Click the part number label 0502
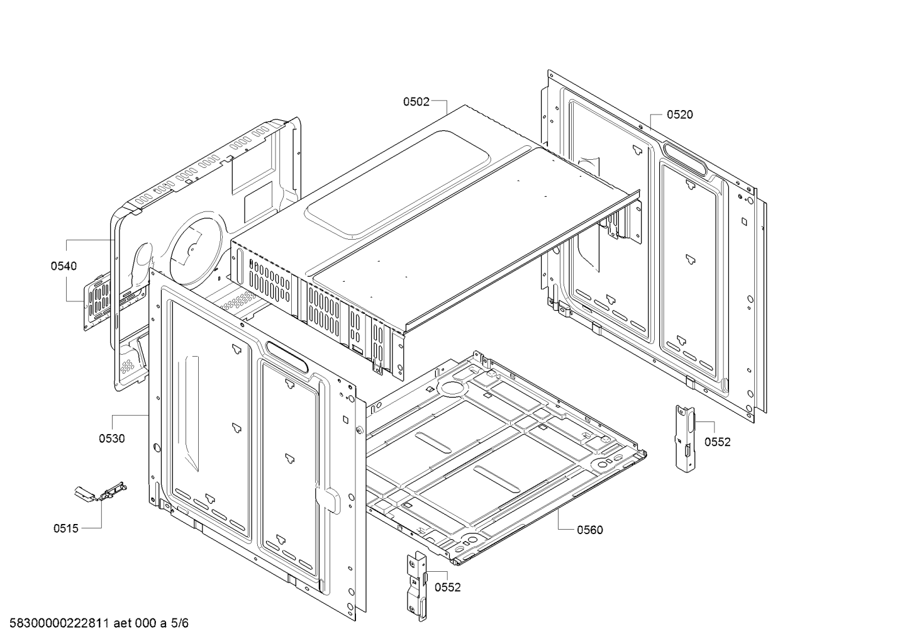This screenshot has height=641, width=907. (416, 101)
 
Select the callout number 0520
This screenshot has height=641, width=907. (680, 114)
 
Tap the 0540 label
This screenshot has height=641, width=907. (64, 266)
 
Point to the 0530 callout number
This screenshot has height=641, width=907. (111, 438)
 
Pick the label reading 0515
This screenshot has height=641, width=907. (66, 528)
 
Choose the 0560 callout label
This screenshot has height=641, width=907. (589, 530)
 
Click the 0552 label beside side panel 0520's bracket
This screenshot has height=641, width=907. (717, 442)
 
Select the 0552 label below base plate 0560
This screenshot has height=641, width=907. (447, 588)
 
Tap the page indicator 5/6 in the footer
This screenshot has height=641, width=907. (180, 623)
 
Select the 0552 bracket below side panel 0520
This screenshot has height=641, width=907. (684, 437)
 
